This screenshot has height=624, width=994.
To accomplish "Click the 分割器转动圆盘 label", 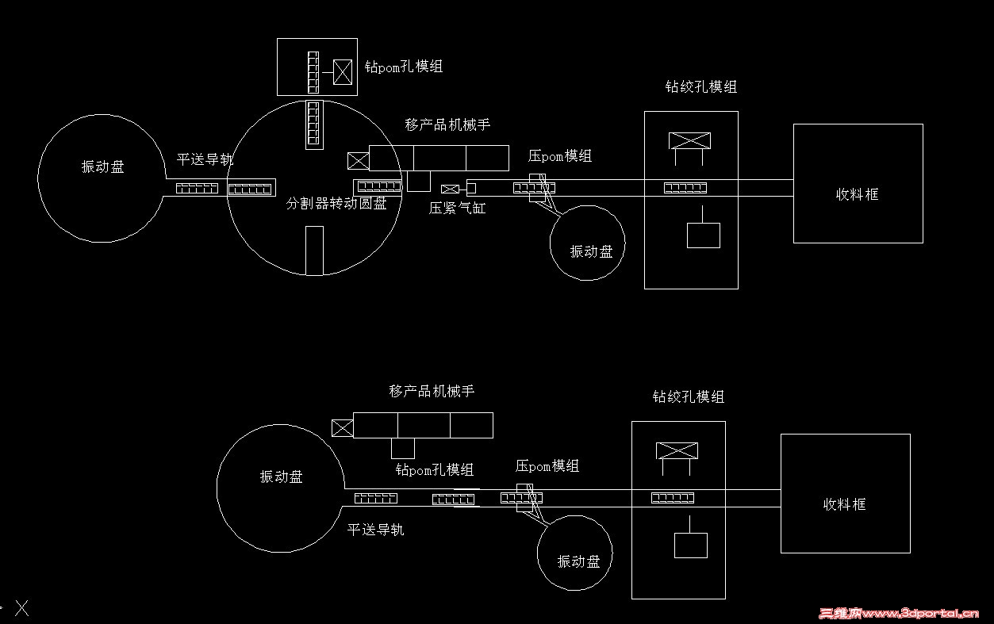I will click(336, 204).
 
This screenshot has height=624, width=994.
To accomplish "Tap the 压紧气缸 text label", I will click(457, 209).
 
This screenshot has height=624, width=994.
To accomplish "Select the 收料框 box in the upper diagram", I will click(858, 183).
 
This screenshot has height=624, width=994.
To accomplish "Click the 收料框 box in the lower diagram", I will click(845, 493).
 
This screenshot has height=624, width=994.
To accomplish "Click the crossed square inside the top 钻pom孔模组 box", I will click(343, 72).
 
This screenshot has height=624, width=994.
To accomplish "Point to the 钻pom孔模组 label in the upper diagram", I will click(403, 67).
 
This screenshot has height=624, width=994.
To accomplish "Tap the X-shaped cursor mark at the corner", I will click(22, 608).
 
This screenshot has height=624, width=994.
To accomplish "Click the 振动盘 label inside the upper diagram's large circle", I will click(102, 167).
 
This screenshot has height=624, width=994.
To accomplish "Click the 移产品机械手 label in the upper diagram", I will click(447, 124).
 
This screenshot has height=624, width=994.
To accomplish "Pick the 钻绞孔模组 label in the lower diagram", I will click(688, 396).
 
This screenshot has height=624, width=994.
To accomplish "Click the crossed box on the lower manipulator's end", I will click(342, 428).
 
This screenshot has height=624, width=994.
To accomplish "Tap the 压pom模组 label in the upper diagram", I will click(559, 156).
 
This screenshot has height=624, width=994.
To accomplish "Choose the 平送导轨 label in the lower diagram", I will click(375, 529).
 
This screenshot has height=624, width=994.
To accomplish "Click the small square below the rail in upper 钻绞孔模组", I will click(703, 235).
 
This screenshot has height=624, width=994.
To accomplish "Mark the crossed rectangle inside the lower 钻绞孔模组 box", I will click(677, 451).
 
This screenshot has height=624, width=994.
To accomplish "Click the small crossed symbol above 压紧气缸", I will click(450, 189).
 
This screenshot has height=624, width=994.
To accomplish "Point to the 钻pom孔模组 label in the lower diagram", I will click(435, 469).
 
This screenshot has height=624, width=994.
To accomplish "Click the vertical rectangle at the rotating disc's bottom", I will click(314, 251).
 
